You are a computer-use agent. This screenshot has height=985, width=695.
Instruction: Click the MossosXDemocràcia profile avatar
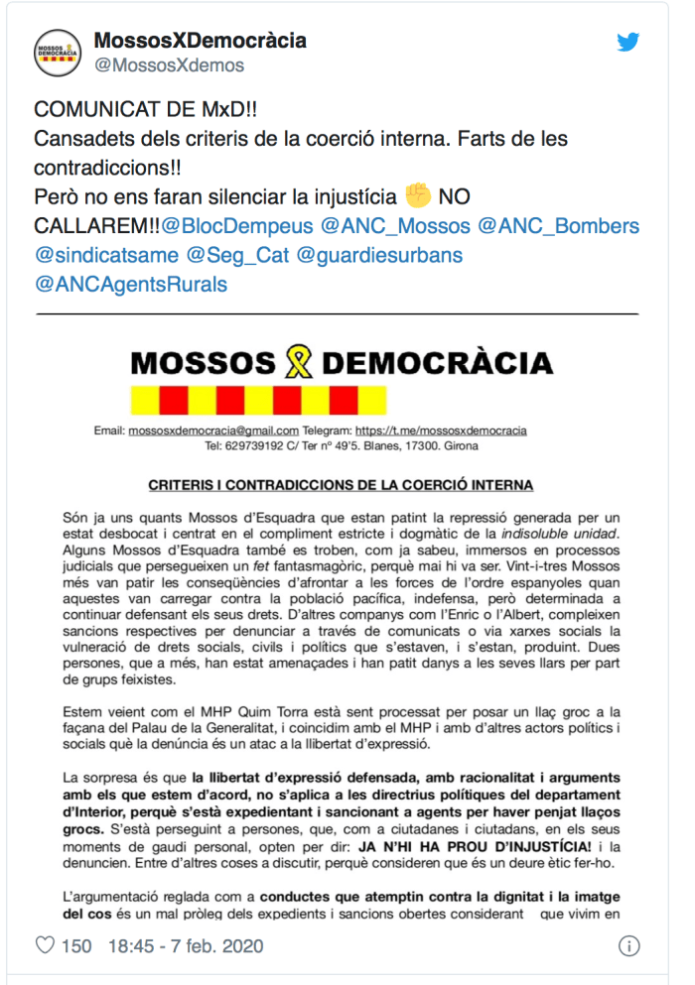pyautogui.click(x=59, y=53)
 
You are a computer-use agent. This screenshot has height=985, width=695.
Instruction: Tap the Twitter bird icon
pyautogui.click(x=628, y=43)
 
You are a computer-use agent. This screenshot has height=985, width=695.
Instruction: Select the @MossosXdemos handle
pyautogui.click(x=169, y=65)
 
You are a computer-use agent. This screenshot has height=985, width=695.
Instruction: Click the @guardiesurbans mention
pyautogui.click(x=380, y=256)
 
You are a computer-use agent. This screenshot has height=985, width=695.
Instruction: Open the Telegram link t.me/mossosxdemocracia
pyautogui.click(x=441, y=431)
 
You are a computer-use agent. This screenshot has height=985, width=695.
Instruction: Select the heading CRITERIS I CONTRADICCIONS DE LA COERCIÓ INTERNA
pyautogui.click(x=341, y=485)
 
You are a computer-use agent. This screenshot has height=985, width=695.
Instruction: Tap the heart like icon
pyautogui.click(x=45, y=945)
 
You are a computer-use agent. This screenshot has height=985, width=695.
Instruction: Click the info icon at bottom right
pyautogui.click(x=628, y=946)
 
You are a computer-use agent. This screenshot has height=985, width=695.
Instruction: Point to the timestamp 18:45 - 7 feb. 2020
pyautogui.click(x=186, y=946)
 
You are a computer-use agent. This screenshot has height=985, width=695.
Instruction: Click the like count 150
pyautogui.click(x=76, y=946)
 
